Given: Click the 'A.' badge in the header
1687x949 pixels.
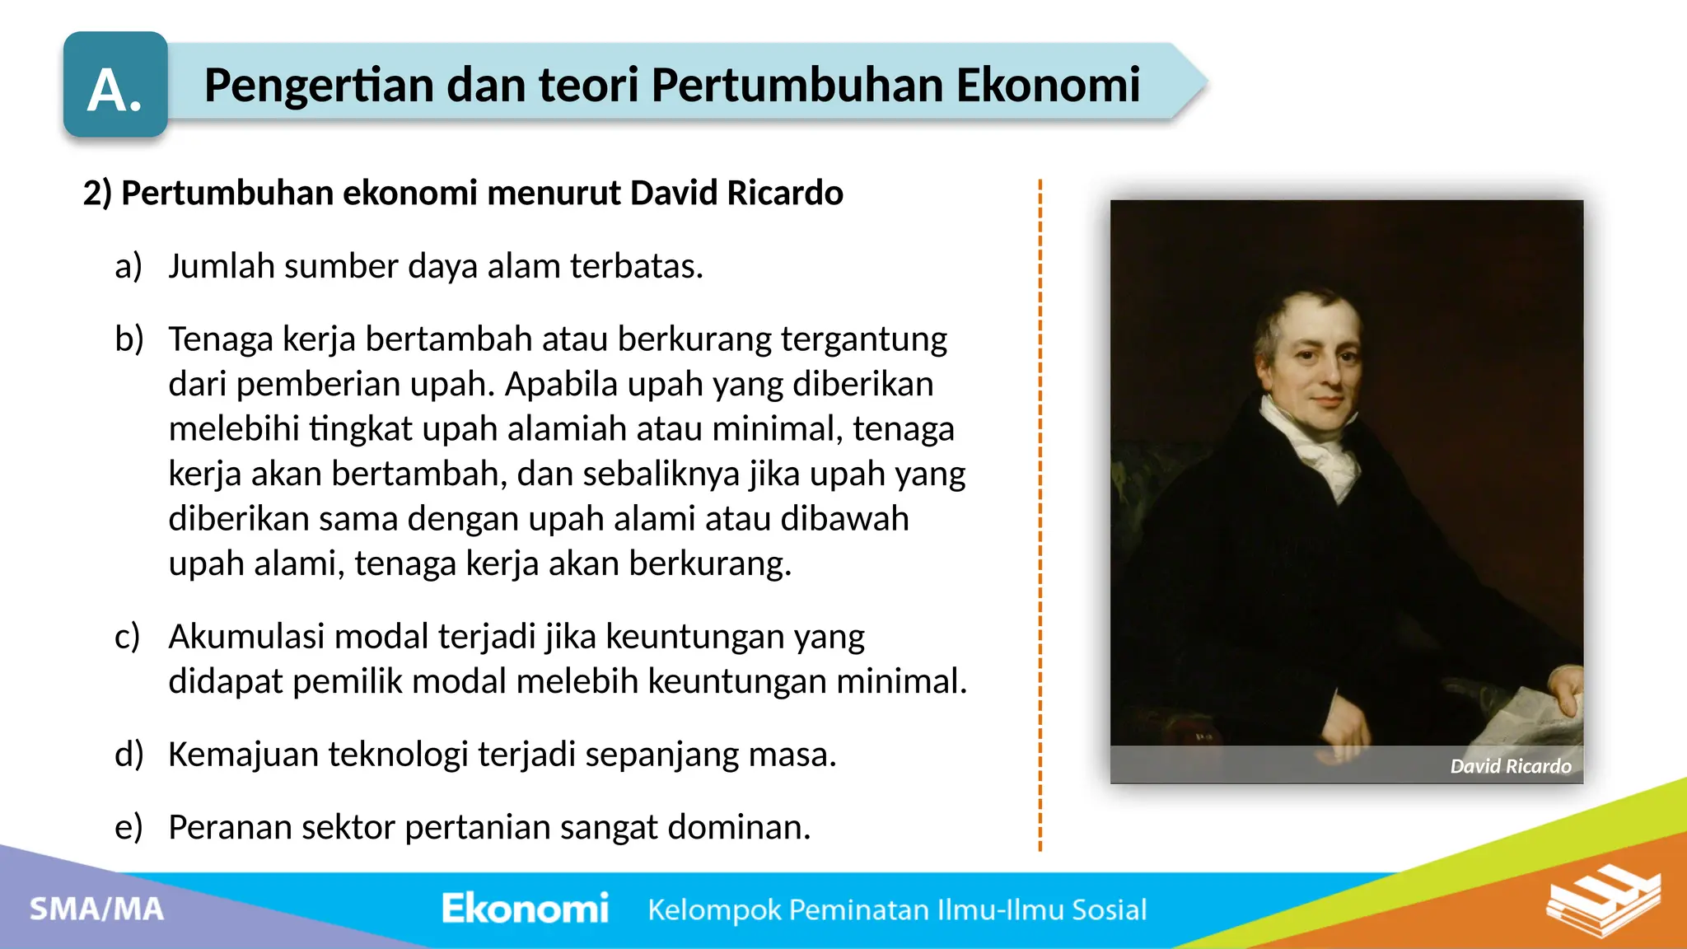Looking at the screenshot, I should (x=115, y=86).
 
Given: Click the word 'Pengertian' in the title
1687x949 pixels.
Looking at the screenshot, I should (x=318, y=86).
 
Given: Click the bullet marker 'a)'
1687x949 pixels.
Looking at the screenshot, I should (x=129, y=267).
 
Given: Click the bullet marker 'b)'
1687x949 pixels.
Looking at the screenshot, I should (x=129, y=339).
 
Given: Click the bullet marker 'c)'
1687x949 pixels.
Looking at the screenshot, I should (x=128, y=637).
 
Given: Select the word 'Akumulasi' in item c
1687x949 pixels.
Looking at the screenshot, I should (x=246, y=637).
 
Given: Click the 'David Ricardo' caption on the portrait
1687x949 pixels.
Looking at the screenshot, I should (x=1510, y=767).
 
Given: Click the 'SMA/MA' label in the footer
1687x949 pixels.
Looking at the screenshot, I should (x=97, y=909).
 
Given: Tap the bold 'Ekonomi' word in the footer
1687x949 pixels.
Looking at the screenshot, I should (x=525, y=909).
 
